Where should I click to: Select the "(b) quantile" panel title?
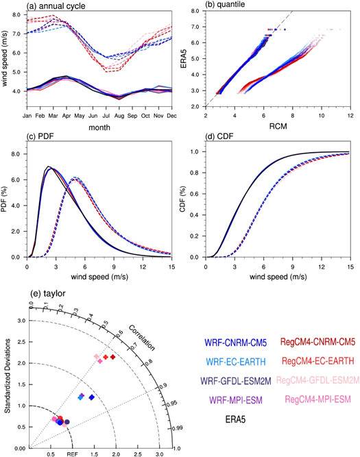point(221,5)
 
